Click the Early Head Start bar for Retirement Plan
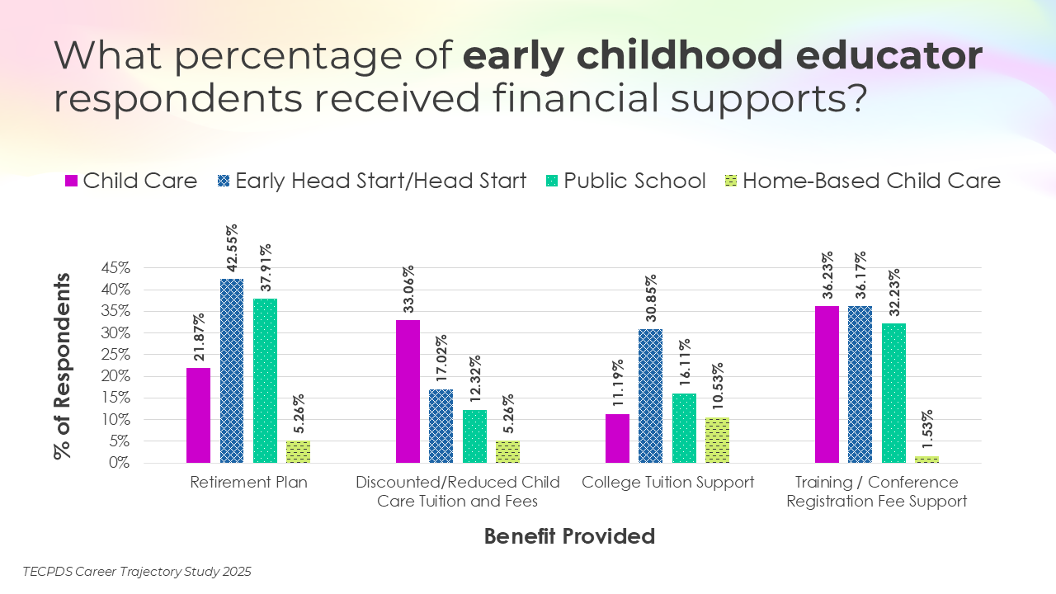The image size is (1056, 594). click(x=232, y=371)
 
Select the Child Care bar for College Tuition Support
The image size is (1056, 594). click(x=617, y=438)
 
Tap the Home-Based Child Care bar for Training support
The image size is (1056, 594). click(x=926, y=460)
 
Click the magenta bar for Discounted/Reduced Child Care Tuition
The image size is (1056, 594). click(x=408, y=391)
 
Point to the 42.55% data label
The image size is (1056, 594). click(x=232, y=247)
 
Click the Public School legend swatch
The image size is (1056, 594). click(x=552, y=181)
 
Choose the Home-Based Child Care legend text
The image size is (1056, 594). click(x=871, y=181)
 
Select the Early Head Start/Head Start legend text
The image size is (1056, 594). click(x=381, y=181)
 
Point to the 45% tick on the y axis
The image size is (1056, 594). click(x=115, y=268)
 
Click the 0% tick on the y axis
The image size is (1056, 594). click(x=120, y=463)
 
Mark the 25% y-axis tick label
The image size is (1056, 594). click(x=115, y=355)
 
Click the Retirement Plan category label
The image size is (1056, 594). click(x=248, y=483)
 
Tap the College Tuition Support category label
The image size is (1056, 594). click(x=667, y=483)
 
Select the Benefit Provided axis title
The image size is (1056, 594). click(x=569, y=536)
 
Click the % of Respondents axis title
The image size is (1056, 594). click(x=64, y=365)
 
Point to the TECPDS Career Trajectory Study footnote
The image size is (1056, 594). click(x=137, y=571)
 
